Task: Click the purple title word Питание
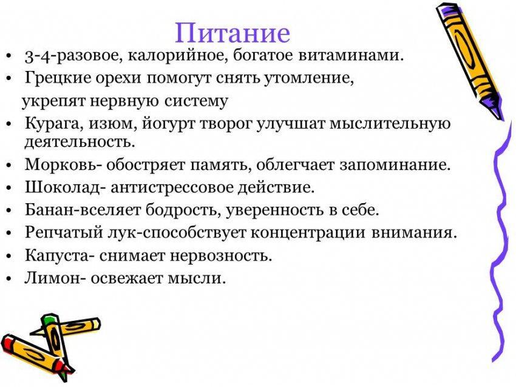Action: click(x=233, y=33)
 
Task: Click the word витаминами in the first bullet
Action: click(x=351, y=55)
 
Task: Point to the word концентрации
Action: click(x=308, y=233)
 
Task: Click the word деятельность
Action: click(x=80, y=142)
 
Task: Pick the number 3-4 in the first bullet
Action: click(x=37, y=56)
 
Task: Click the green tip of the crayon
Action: click(x=49, y=318)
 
